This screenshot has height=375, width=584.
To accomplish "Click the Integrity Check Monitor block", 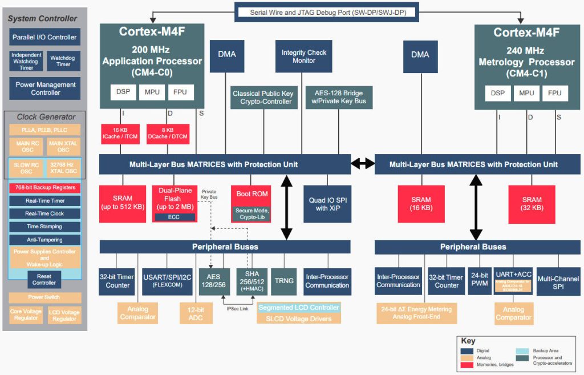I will point(303,57).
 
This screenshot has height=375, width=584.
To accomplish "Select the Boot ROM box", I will point(252,195).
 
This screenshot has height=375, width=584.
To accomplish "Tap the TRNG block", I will point(284,281).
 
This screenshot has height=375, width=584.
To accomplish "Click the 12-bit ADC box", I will point(196,313).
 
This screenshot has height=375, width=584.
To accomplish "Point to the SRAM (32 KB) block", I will point(532,204).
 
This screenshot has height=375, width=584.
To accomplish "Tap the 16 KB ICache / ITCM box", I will point(120,134).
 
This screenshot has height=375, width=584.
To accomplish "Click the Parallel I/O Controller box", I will point(44,38).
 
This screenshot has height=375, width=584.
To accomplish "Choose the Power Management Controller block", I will point(45,88).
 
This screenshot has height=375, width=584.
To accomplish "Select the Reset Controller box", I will point(44,279).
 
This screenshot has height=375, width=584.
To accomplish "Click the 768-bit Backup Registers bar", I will point(45,188).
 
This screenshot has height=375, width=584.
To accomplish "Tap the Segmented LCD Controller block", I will point(298,308).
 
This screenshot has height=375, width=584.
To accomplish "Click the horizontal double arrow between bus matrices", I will point(363,164).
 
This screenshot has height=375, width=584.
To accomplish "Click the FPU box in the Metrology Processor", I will point(554,93).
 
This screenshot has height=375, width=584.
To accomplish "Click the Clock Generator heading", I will point(45,117).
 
